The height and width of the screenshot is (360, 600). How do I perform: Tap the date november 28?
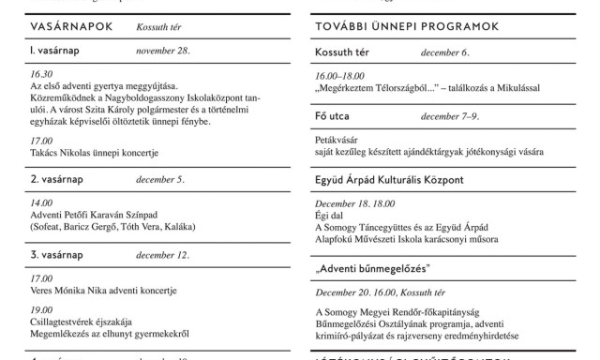(163, 50)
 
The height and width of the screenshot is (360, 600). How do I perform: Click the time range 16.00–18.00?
(340, 76)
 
